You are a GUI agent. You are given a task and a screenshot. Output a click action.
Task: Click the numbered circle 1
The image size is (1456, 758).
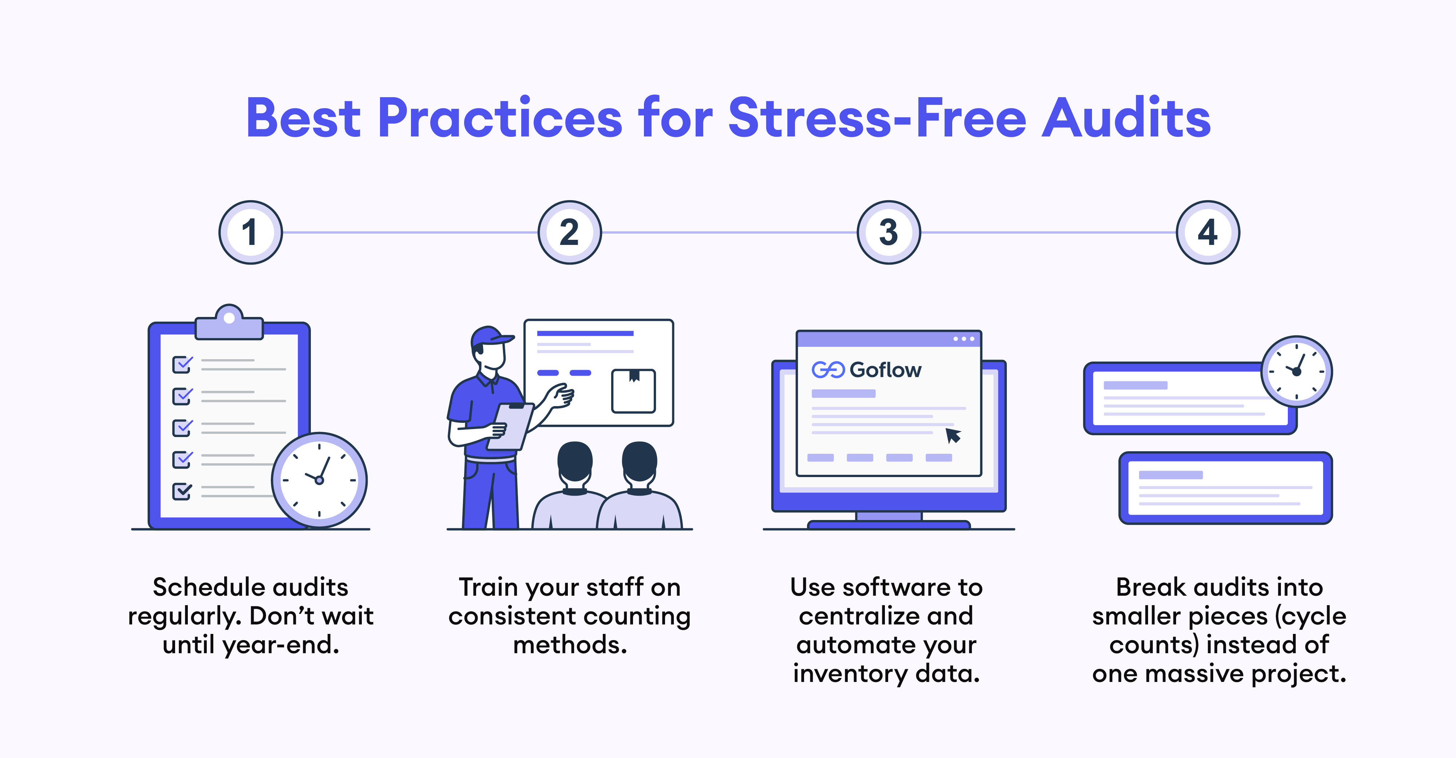pos(250,232)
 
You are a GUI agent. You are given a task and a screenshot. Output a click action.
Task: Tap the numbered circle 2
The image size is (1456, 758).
pos(570,232)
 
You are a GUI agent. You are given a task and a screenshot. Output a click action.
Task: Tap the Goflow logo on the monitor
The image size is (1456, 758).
pos(866,370)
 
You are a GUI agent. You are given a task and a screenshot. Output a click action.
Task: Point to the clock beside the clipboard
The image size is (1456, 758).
pos(319,480)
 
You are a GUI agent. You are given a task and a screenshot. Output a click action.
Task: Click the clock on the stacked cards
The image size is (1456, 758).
pos(1297,372)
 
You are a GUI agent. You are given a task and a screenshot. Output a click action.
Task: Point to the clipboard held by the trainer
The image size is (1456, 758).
pos(510,427)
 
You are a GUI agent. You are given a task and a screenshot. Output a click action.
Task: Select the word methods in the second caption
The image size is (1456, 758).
pos(570,645)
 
